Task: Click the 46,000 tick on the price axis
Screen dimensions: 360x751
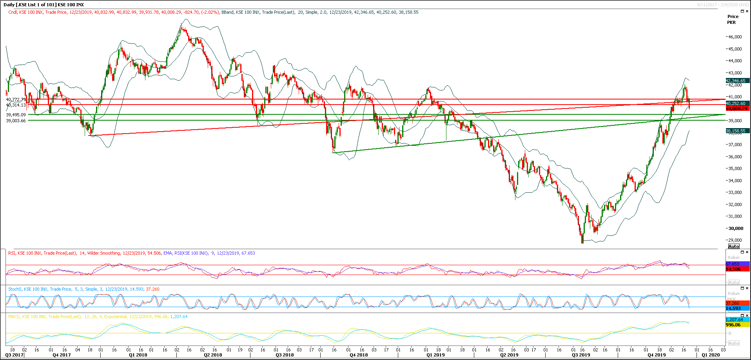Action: pos(735,37)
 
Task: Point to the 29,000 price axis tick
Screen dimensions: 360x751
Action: pos(735,240)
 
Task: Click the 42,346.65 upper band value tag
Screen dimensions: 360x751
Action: pos(736,81)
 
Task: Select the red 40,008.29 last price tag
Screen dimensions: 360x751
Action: pos(737,109)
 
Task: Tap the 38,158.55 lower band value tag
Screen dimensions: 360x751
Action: pos(736,131)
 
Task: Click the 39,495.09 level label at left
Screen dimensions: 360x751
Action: pos(16,115)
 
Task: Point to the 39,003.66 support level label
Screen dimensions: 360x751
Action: pos(16,121)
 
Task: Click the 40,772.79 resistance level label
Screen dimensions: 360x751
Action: pos(16,99)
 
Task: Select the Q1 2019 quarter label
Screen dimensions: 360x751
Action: pos(435,355)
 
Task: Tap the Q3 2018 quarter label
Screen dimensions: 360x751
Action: pos(285,355)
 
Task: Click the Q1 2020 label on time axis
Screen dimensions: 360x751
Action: pos(711,355)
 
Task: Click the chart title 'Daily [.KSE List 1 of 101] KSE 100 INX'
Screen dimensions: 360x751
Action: pos(44,5)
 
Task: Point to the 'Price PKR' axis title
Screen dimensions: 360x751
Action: pos(733,19)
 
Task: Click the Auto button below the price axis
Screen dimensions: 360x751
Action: pos(734,246)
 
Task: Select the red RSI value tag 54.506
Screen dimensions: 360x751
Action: pos(733,269)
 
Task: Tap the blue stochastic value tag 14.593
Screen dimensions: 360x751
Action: pos(733,308)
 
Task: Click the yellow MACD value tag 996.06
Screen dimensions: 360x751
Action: pos(733,325)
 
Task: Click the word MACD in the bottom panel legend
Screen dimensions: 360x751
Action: pos(14,317)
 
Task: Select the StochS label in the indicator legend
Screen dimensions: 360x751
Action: pos(15,289)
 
